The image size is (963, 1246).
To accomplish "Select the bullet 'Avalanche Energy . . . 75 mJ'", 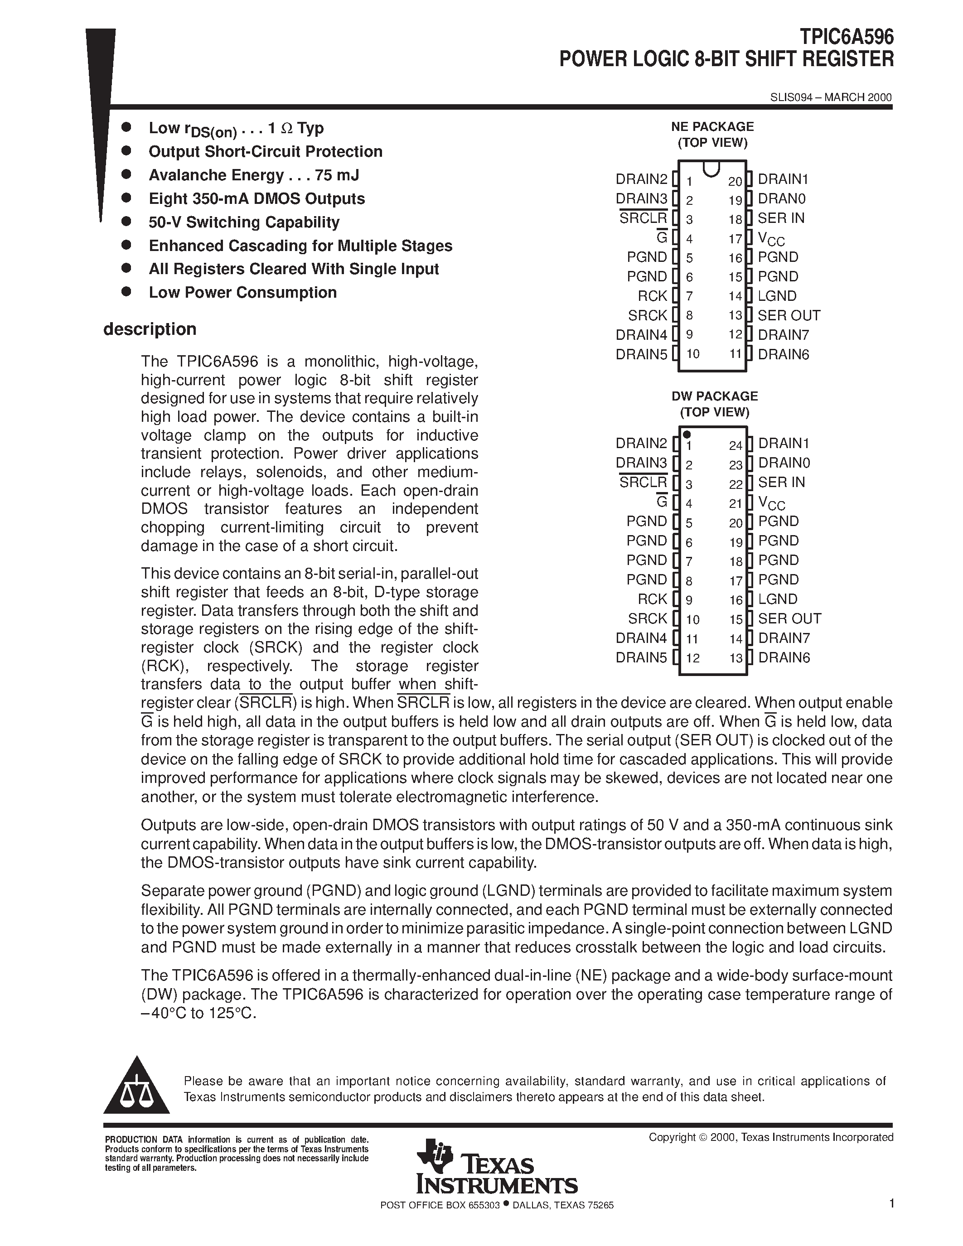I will pos(253,175).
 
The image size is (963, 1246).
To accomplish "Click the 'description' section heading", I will pos(150,329).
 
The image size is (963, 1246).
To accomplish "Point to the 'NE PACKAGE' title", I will pos(712,127).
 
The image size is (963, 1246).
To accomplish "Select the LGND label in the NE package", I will pos(777,296).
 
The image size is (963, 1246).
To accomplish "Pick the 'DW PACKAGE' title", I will pos(714,396).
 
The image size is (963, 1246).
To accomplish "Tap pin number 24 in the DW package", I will pos(736,445).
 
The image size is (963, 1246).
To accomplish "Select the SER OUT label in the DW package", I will pos(789,618).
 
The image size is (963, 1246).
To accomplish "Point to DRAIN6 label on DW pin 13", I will pos(784,658).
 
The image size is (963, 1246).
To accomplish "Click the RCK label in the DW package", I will pos(652,599).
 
